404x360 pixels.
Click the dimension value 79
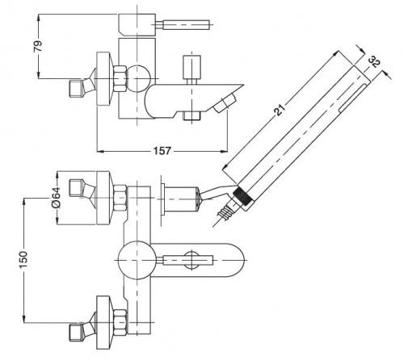point(38,46)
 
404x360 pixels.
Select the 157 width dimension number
point(162,151)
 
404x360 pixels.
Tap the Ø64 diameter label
point(56,197)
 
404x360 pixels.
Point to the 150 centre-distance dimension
point(23,259)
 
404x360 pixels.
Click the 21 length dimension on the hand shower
point(280,110)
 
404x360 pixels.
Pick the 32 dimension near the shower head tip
point(374,62)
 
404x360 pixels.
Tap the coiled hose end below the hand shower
point(224,212)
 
